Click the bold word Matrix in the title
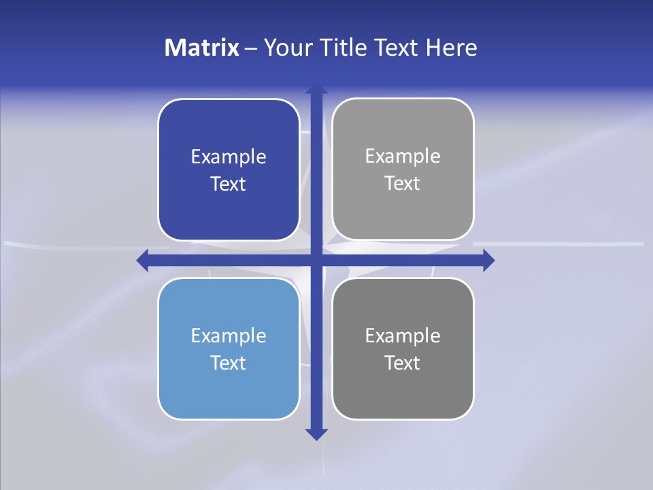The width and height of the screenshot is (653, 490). pos(202,48)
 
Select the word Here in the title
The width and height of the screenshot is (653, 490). pos(451,48)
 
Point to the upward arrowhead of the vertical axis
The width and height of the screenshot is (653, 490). pos(316,89)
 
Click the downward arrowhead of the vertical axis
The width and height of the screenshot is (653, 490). pos(316,434)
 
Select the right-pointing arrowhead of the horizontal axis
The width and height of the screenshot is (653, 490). pos(488,261)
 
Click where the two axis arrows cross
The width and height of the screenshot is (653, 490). pos(316,261)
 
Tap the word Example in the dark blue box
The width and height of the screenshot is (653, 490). pos(229,157)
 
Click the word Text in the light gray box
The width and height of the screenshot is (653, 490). pos(403,184)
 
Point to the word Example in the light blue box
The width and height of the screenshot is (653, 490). pos(229,336)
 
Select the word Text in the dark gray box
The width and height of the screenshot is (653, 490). pos(403,363)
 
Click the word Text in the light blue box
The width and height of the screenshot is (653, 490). pos(229,363)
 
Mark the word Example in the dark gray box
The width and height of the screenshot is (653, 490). pos(403,336)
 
